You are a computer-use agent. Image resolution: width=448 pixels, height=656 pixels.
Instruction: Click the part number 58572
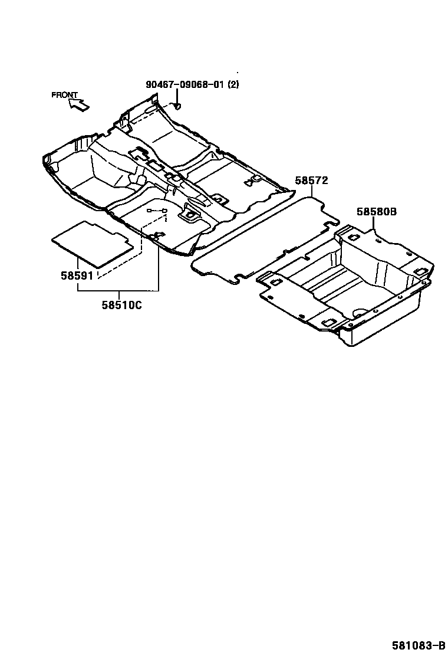[311, 181]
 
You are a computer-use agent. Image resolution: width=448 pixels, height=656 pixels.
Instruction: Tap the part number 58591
[77, 275]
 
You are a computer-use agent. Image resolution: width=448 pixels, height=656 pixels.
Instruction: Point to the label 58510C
[122, 305]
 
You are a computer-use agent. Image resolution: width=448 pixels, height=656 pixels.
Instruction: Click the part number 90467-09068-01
[185, 84]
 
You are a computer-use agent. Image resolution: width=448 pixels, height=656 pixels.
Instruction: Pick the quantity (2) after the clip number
[233, 84]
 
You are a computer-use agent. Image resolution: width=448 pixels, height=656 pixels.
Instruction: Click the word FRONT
[64, 95]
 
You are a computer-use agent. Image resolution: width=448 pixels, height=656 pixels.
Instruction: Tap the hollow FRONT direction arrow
[79, 105]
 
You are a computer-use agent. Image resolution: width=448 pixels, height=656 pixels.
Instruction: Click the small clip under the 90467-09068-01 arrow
[177, 107]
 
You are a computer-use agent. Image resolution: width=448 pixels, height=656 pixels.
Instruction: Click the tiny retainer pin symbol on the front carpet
[158, 211]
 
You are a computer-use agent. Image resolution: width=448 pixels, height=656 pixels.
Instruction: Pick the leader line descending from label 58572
[311, 192]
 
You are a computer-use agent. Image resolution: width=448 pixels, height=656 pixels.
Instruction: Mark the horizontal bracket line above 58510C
[118, 291]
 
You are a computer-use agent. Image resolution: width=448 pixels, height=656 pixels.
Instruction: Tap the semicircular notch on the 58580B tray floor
[360, 311]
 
